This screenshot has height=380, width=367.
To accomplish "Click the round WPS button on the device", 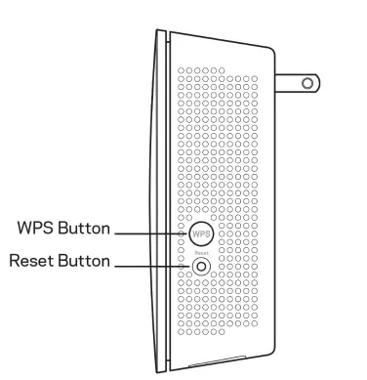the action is point(200,234).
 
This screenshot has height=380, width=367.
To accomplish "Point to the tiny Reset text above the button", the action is point(200,249).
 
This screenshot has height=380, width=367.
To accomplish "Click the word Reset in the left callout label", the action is point(30,262).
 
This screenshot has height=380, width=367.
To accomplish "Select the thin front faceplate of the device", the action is point(156,195).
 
